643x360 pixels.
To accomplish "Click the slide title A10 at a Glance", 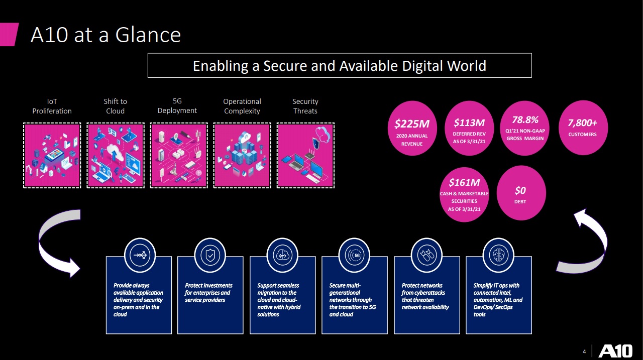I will (x=105, y=35).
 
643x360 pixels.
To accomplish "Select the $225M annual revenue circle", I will (x=411, y=129).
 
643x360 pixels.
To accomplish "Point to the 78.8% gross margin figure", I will (x=525, y=120).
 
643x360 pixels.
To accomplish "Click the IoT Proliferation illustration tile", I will (x=52, y=156).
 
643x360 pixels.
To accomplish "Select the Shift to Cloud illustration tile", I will (x=116, y=156).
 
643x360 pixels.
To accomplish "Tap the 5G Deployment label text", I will (x=177, y=106).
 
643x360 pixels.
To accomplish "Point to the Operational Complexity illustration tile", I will (x=242, y=156).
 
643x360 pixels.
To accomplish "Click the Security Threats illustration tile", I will (x=305, y=156).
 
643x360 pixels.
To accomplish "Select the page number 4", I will (x=584, y=350).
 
